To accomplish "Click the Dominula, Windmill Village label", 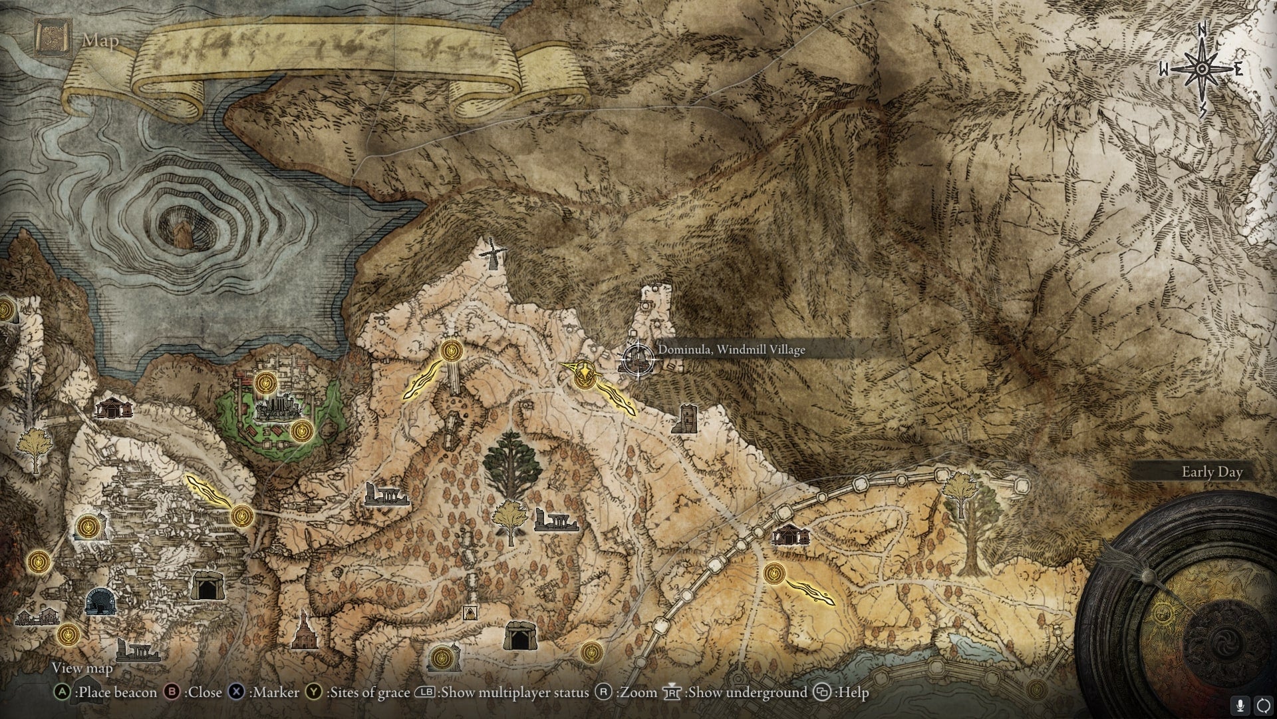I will [731, 350].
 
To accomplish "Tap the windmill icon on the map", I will [492, 254].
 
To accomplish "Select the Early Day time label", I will [1211, 472].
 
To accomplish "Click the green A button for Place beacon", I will [62, 692].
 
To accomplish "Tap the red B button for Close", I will [172, 692].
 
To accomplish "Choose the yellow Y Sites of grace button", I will [314, 692].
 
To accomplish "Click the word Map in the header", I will [100, 41].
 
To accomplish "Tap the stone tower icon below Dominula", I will [683, 419].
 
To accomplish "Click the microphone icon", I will [1238, 705].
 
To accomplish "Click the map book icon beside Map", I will [50, 38].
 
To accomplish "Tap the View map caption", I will [82, 668].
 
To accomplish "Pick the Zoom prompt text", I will [636, 692].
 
